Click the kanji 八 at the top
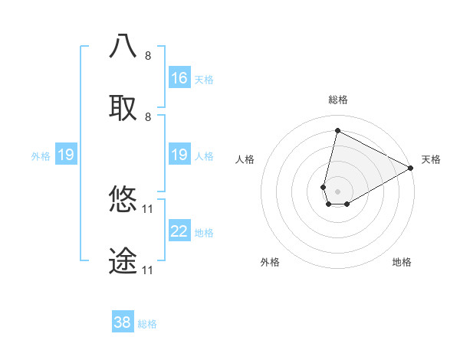coord(123,46)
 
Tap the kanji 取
coord(123,107)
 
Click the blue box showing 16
coord(179,78)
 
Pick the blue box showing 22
coord(179,231)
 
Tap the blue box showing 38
coord(123,322)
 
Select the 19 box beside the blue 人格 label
coord(179,155)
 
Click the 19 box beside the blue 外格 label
coord(66,155)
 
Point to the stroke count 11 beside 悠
coord(148,208)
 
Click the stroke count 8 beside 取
coord(148,116)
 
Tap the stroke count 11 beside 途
coord(148,270)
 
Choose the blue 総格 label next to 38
coord(147,324)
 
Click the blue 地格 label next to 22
coord(204,233)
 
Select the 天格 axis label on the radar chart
coord(431,159)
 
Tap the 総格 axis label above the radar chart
coord(338,100)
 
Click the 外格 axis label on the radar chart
coord(270,262)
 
